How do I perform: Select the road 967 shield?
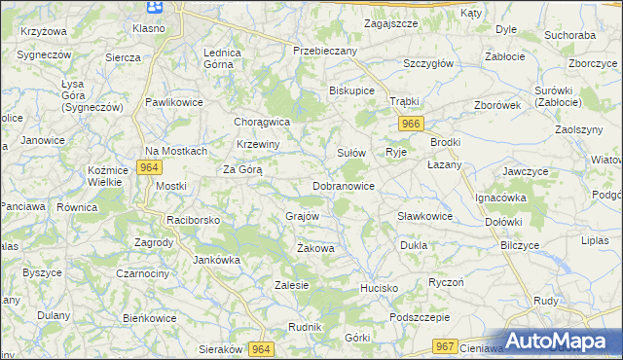click(446, 346)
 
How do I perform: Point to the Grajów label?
click(302, 215)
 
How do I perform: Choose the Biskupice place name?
click(352, 92)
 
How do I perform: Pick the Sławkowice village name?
click(424, 216)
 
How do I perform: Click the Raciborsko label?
click(194, 220)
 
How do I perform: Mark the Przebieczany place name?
click(326, 50)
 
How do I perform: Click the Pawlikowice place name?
click(173, 101)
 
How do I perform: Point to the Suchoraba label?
click(570, 35)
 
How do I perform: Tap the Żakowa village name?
click(315, 249)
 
